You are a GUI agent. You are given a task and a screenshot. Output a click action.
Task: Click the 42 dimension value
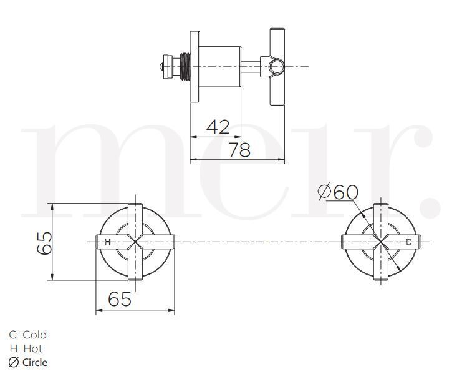218,127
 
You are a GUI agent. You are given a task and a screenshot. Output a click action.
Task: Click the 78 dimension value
239,149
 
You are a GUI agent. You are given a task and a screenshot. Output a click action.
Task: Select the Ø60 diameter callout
338,192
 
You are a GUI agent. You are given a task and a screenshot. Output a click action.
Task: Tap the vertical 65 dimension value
44,243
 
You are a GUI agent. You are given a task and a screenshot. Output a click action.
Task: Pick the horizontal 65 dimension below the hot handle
120,299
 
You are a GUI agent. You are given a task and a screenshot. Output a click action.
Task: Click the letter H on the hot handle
107,242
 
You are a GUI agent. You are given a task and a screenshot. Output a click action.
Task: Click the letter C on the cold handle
408,242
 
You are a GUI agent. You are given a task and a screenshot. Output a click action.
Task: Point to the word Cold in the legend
35,335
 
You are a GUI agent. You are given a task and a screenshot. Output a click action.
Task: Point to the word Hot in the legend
33,348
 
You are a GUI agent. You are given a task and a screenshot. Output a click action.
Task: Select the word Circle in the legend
35,362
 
